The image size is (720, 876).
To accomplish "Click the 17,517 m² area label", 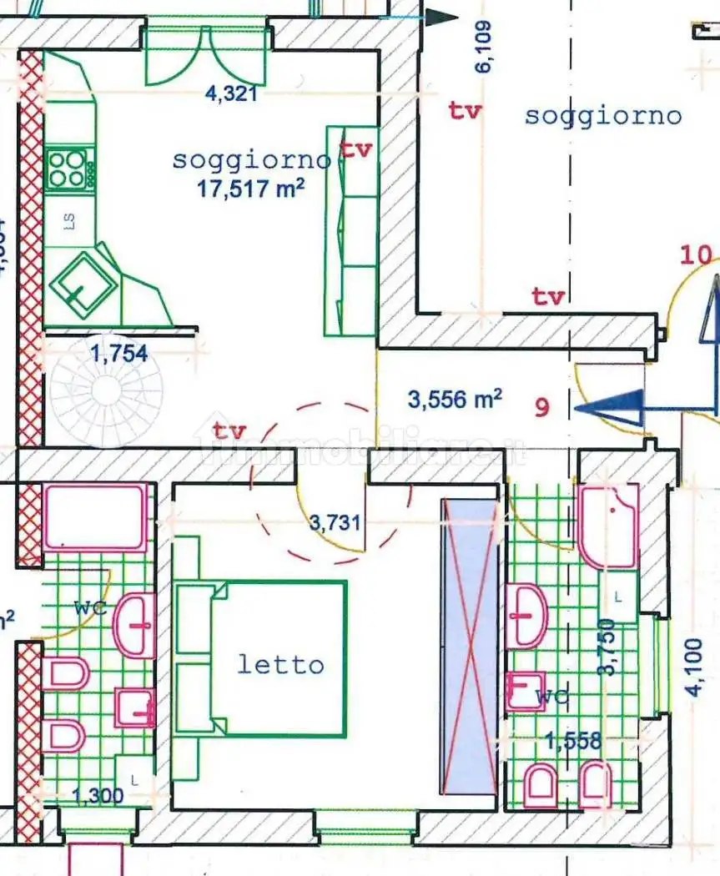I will point(249,189).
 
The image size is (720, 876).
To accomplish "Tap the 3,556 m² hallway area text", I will point(455,400).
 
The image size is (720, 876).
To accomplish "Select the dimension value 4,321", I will point(231,93).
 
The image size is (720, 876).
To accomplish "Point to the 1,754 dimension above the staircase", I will point(118,354).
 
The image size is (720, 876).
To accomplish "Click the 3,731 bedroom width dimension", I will point(335,523).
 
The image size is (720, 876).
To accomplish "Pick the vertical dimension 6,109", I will point(484,48).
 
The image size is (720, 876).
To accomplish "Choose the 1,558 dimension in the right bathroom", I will point(573,740).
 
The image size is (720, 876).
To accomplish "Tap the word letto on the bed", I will point(280,665).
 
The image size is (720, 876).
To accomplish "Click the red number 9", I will point(542,409).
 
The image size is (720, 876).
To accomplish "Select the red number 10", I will point(697,254).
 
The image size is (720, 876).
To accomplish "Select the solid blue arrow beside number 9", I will point(613,409).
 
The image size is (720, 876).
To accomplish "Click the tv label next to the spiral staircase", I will point(229,431).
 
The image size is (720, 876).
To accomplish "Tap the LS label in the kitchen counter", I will point(69,221).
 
